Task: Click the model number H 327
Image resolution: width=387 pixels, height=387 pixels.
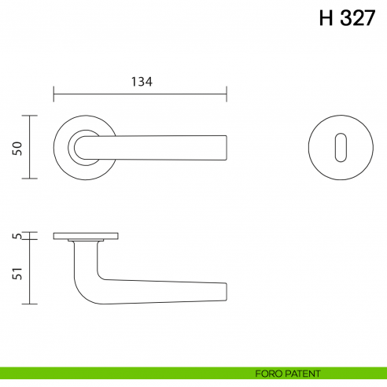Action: coord(346,20)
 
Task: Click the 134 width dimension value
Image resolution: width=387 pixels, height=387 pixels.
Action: coord(141,82)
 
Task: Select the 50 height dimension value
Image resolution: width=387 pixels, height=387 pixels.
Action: coord(17,147)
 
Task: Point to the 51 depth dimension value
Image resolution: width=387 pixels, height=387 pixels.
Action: coord(17,273)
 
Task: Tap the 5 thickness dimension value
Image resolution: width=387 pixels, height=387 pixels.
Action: coord(17,236)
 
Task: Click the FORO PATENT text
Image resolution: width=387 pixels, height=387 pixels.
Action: coord(288,373)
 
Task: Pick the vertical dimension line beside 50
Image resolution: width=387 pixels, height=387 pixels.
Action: coord(30,147)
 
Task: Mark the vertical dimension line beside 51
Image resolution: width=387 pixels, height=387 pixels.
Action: coord(30,271)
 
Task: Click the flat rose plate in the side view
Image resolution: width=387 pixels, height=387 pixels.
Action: coord(86,235)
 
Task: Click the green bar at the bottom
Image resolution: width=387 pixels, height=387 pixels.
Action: coord(118,373)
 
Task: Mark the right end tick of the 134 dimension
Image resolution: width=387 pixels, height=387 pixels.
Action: coord(227,94)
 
